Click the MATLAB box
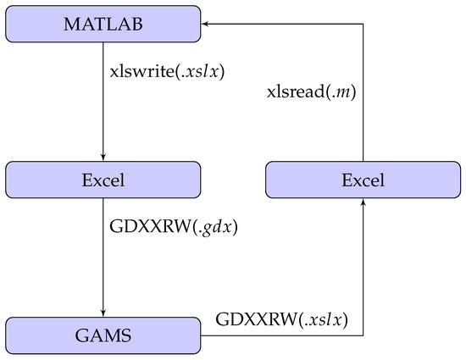[103, 23]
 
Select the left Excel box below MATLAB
[103, 180]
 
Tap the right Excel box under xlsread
[363, 180]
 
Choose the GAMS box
[103, 336]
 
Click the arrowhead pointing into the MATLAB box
[205, 24]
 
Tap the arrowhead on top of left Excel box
[103, 158]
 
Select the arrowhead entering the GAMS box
[103, 315]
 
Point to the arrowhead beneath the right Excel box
[363, 201]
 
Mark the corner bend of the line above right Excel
[363, 24]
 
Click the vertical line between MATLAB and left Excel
[103, 102]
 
